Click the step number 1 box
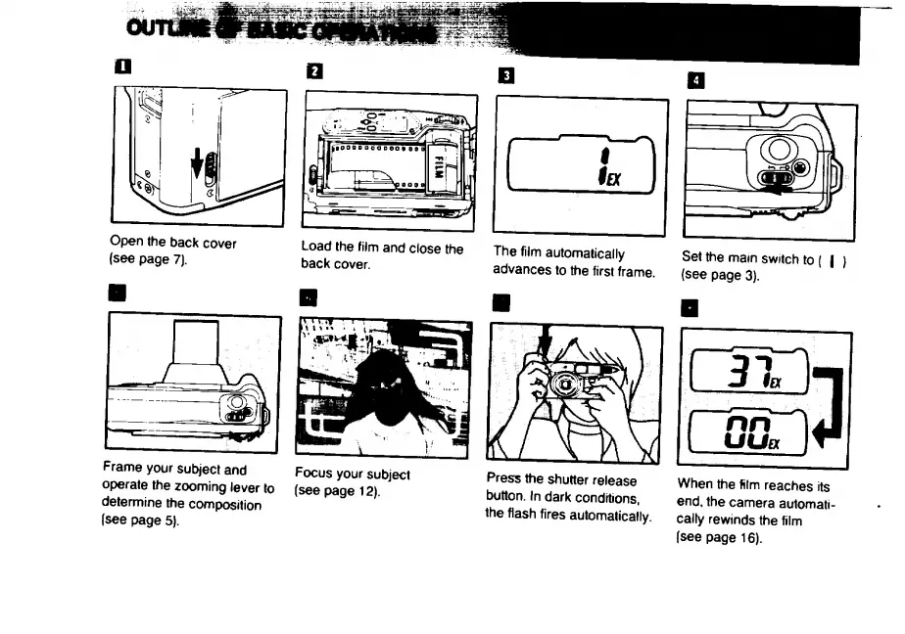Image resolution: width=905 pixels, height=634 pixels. click(120, 68)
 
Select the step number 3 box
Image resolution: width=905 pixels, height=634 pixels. click(505, 74)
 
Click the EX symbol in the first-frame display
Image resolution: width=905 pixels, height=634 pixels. click(614, 176)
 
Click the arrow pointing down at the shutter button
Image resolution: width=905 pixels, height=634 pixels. click(546, 347)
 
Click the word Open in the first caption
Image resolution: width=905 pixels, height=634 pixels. click(127, 244)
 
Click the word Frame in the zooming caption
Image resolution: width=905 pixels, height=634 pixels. click(123, 470)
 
